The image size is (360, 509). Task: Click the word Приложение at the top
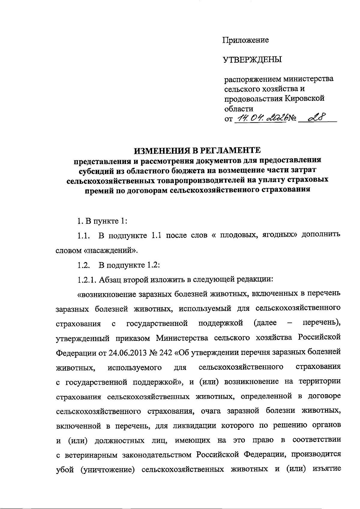click(x=245, y=40)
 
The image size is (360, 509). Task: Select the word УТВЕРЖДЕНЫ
click(x=252, y=60)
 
